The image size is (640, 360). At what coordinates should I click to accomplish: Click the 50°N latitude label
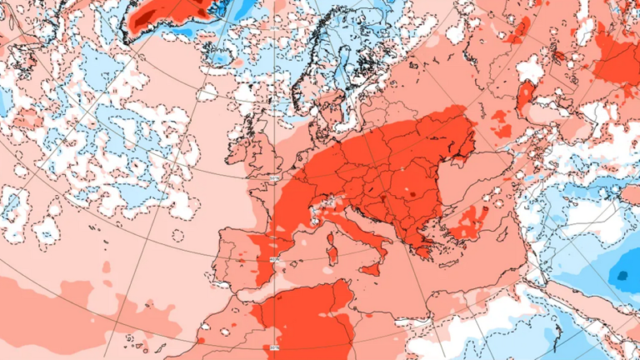point(274,177)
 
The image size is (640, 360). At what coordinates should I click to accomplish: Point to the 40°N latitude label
point(273,259)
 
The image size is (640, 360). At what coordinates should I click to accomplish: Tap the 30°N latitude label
point(274,347)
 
